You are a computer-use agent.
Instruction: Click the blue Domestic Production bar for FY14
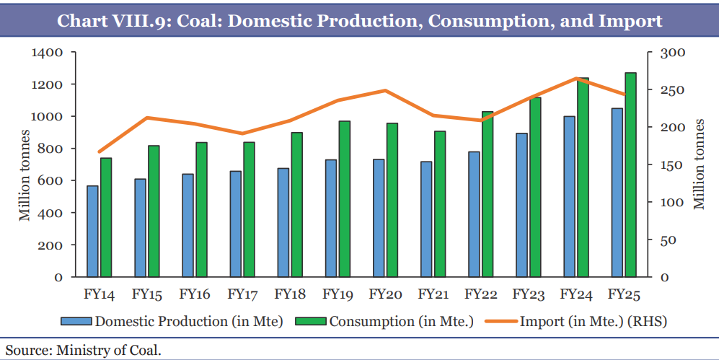(92, 231)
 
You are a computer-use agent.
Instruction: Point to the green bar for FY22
(488, 194)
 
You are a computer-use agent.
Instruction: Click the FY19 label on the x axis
(337, 294)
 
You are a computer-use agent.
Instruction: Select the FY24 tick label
(576, 294)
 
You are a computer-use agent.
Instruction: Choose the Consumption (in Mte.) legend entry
(401, 321)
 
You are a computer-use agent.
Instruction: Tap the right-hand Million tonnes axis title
(698, 165)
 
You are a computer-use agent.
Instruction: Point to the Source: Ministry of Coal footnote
(84, 351)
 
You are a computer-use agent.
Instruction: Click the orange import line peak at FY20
(385, 90)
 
